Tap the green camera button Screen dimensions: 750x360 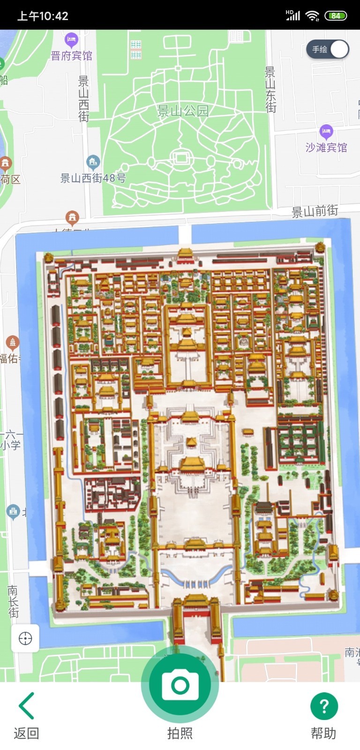[x=180, y=685]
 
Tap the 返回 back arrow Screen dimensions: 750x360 [x=27, y=705]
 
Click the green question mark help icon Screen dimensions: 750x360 [x=324, y=706]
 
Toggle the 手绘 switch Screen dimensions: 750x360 [x=328, y=49]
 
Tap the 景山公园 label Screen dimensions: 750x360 [x=183, y=111]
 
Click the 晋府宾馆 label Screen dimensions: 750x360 [x=71, y=56]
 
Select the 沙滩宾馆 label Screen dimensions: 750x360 [x=326, y=148]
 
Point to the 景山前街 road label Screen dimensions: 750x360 [x=315, y=211]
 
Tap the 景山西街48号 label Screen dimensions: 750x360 [x=93, y=178]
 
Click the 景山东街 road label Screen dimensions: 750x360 [x=270, y=90]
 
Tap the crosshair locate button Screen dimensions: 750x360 [x=25, y=638]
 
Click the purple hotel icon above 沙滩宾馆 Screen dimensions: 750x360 [x=326, y=132]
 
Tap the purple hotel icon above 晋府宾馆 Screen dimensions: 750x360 [x=71, y=40]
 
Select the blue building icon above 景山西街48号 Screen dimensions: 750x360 [x=93, y=162]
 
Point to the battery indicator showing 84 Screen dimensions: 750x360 [x=336, y=15]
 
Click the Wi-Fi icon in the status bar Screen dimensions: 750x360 [x=312, y=15]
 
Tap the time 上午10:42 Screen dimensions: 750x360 [x=43, y=16]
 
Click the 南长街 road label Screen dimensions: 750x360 [x=13, y=601]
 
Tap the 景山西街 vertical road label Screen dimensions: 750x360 [x=83, y=98]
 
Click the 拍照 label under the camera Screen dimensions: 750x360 [x=180, y=733]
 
